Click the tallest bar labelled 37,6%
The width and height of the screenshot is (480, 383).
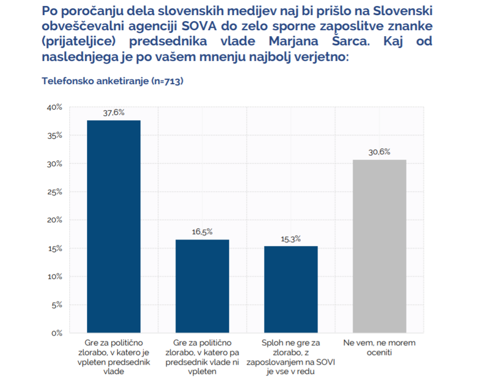[113, 227]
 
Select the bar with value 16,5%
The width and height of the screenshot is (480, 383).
[202, 286]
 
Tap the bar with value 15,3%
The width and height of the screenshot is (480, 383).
[290, 289]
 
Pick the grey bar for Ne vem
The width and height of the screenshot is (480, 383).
[379, 246]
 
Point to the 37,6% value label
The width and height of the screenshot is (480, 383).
[113, 113]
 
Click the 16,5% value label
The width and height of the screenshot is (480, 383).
[202, 232]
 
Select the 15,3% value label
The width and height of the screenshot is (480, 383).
[290, 239]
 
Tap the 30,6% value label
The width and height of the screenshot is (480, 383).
[379, 153]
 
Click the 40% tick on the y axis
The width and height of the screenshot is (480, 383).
[54, 107]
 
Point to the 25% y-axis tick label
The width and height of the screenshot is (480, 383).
[54, 192]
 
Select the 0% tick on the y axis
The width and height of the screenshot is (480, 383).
[56, 333]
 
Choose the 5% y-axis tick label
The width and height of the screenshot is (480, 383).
[56, 305]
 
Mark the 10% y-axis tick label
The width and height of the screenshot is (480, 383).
[54, 277]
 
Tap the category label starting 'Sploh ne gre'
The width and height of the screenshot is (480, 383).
[290, 357]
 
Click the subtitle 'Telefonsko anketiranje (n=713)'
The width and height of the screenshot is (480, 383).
[113, 81]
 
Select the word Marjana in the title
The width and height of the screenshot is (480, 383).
[310, 41]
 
